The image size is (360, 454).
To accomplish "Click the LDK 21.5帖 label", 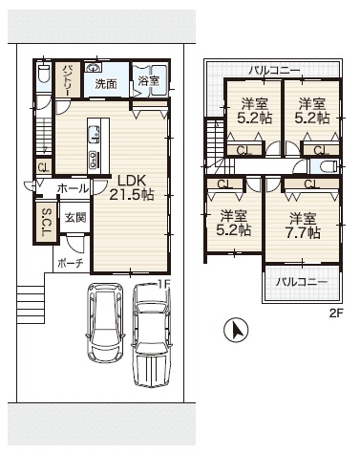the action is (x=132, y=187).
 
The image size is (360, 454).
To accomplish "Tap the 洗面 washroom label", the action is (x=106, y=84).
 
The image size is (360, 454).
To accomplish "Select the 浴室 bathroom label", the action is (x=149, y=80).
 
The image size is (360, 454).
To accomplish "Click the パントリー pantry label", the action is (x=68, y=80).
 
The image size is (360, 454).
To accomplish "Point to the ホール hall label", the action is (x=73, y=188).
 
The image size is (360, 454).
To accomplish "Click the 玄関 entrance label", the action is (x=75, y=218).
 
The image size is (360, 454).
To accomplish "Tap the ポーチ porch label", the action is (x=71, y=263).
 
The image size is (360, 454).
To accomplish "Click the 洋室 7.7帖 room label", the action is (x=303, y=226).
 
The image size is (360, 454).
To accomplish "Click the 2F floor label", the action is (x=335, y=313).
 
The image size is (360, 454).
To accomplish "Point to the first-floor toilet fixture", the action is (x=42, y=73).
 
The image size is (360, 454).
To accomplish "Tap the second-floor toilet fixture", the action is (x=328, y=166).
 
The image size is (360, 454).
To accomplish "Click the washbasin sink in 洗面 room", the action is (x=93, y=68).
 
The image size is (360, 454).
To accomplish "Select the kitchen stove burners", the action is (x=94, y=159).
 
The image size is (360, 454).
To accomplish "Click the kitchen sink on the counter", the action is (x=94, y=133).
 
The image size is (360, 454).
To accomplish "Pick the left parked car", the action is (x=106, y=322).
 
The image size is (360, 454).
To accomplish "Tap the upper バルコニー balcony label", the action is (x=274, y=71).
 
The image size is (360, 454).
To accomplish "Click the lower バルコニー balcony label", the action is (x=302, y=282).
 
